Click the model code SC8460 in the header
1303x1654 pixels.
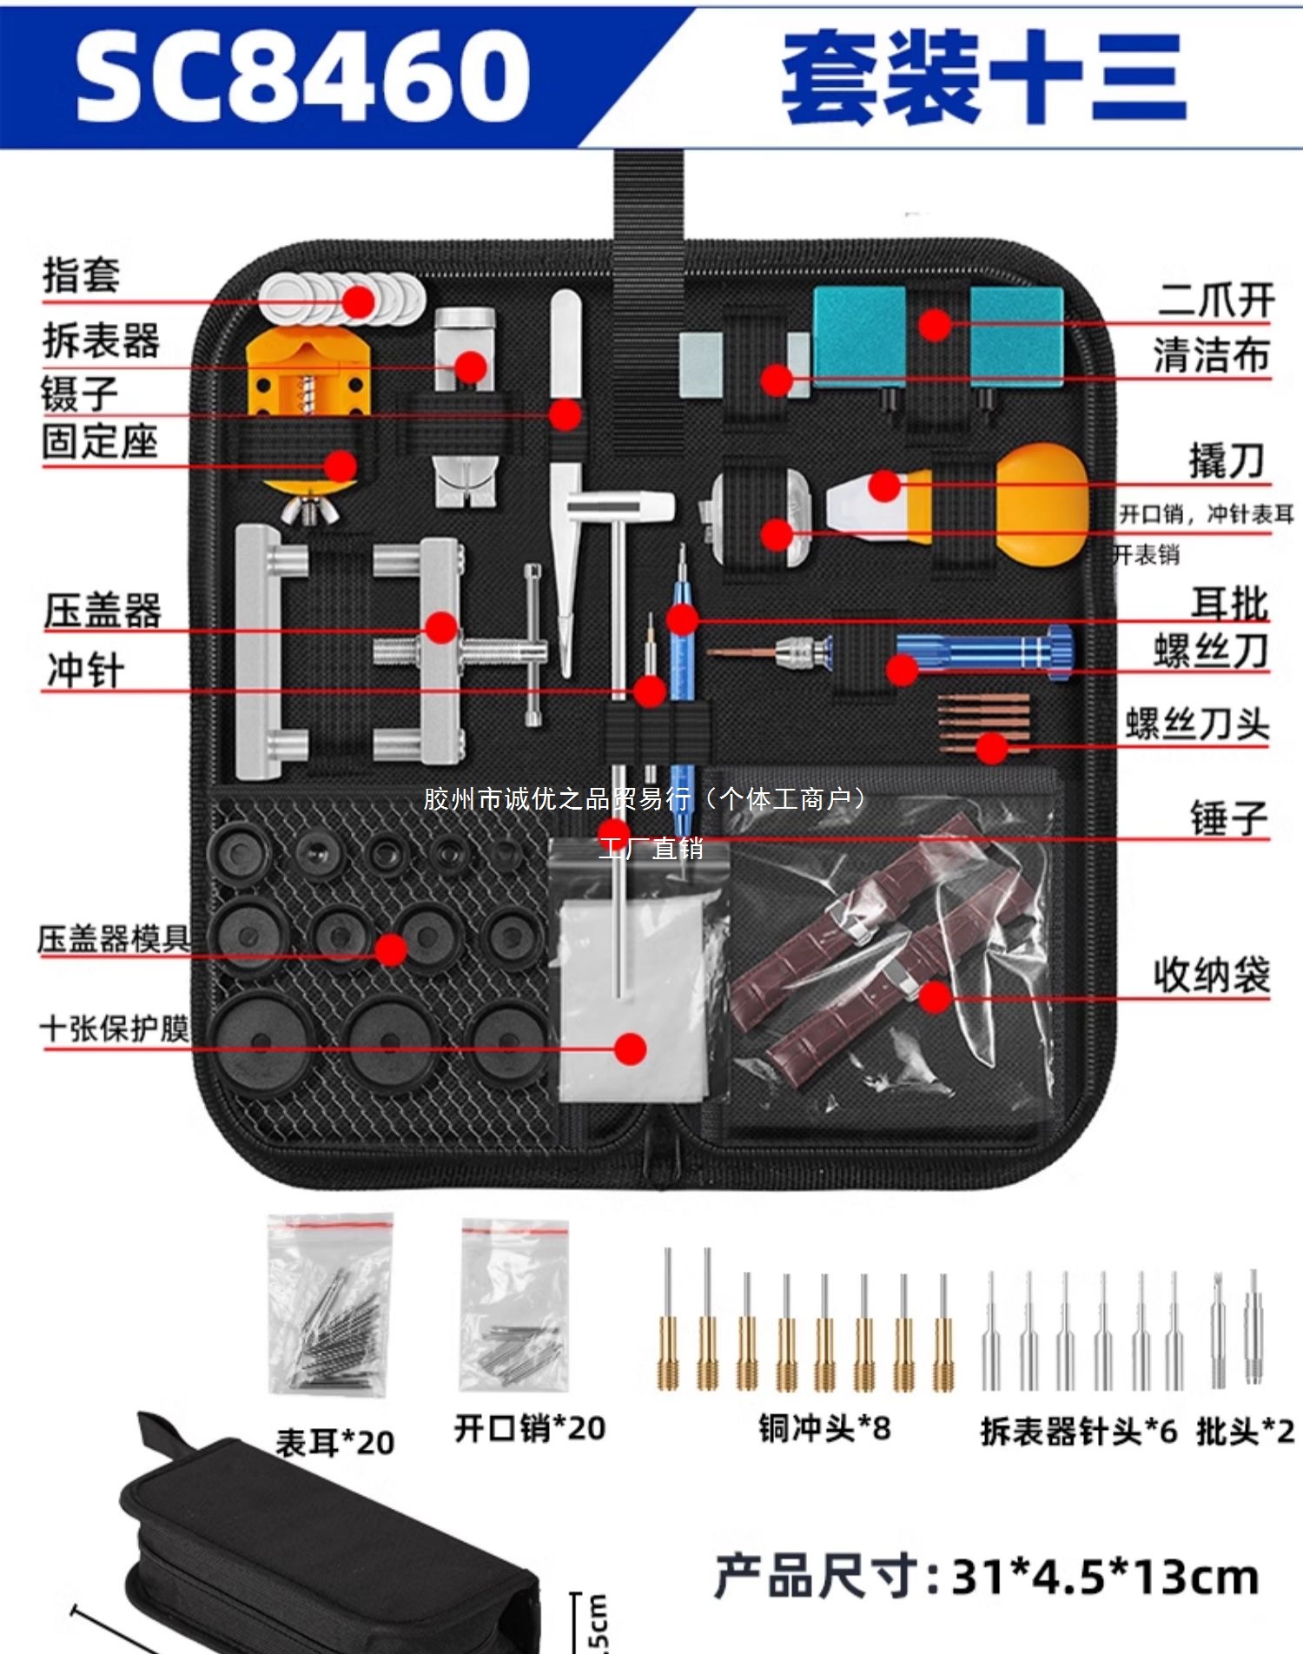[302, 76]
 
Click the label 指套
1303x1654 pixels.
[82, 275]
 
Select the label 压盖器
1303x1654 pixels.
[103, 610]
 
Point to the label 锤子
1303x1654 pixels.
[1229, 817]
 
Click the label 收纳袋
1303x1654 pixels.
[1212, 974]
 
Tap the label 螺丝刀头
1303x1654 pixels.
[1197, 723]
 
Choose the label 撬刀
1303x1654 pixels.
[1227, 460]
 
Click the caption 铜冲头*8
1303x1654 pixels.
[824, 1427]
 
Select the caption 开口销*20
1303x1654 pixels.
[529, 1427]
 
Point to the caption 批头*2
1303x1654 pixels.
[1245, 1431]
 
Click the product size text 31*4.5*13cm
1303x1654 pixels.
[1105, 1577]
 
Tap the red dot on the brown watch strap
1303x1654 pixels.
[935, 996]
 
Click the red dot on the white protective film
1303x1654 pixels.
[630, 1049]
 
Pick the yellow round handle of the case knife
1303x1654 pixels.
[1042, 504]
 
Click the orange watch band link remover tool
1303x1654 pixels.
[308, 374]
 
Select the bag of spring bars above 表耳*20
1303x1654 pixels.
[330, 1303]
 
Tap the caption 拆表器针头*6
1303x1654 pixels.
[1078, 1431]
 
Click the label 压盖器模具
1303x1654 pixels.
[113, 938]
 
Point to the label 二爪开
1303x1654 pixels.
[1215, 300]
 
